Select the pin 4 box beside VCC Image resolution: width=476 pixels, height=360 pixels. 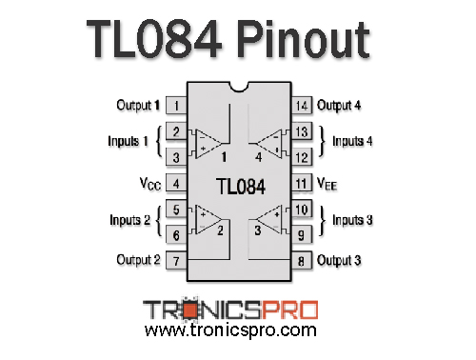point(177,181)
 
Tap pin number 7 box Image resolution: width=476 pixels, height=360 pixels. point(177,259)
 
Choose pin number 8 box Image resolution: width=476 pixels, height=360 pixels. point(302,259)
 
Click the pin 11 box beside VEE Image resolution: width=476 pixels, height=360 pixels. point(302,181)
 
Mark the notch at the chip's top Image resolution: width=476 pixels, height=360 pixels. point(239,87)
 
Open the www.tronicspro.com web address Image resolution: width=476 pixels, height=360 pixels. point(229,330)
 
